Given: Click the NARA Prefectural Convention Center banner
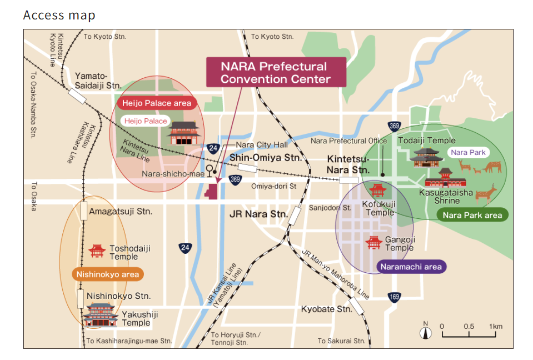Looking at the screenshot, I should coord(276,72).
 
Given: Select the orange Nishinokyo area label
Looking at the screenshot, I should coord(107,274).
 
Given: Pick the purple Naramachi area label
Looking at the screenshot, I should coord(411,267).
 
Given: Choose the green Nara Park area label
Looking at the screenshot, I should coord(472,215).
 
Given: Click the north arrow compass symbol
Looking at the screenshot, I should coord(426,332).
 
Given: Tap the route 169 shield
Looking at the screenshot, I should coord(394,297).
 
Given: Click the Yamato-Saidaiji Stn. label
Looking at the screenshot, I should coord(98,81).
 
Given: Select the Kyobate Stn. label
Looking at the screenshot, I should coord(326,309).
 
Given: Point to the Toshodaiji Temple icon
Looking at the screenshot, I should coord(97,251).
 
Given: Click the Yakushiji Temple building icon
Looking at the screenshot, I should coord(101,315).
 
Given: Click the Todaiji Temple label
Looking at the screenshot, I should coord(426,141).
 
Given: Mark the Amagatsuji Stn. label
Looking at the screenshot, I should coord(121,211).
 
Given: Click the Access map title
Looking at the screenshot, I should coord(59,15).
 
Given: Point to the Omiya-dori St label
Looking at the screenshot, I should coord(273,186).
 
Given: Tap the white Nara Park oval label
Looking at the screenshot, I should coord(468,152).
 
